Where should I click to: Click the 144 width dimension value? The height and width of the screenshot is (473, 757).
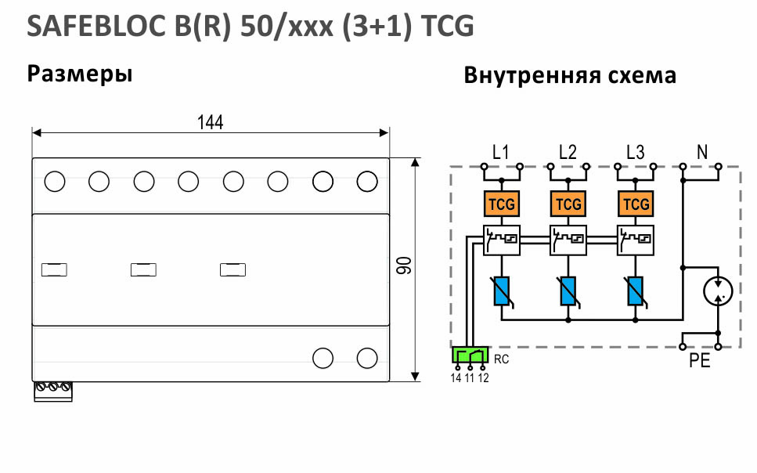pyautogui.click(x=210, y=122)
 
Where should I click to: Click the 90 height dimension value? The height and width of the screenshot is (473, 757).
pyautogui.click(x=404, y=266)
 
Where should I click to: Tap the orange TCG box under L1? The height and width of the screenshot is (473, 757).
pyautogui.click(x=502, y=204)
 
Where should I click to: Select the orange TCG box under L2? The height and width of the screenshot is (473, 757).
pyautogui.click(x=568, y=204)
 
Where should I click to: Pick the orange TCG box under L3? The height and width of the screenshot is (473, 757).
pyautogui.click(x=636, y=204)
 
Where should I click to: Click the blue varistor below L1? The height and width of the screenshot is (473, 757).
pyautogui.click(x=502, y=291)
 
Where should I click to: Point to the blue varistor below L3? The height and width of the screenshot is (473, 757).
pyautogui.click(x=636, y=291)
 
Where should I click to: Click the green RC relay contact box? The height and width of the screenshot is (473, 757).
pyautogui.click(x=470, y=355)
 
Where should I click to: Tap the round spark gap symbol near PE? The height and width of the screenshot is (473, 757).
pyautogui.click(x=718, y=291)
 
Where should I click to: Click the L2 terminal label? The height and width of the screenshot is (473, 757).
pyautogui.click(x=568, y=152)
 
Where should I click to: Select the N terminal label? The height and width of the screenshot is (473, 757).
pyautogui.click(x=702, y=152)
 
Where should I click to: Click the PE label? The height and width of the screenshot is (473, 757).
pyautogui.click(x=700, y=361)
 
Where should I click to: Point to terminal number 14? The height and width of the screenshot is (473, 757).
pyautogui.click(x=456, y=378)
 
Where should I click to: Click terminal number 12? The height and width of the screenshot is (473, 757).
pyautogui.click(x=483, y=378)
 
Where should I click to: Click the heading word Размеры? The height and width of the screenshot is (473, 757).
pyautogui.click(x=80, y=74)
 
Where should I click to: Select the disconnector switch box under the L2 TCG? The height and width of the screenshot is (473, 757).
pyautogui.click(x=568, y=240)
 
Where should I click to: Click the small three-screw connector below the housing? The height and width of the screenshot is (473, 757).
pyautogui.click(x=53, y=392)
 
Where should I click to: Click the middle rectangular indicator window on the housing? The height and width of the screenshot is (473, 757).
pyautogui.click(x=143, y=269)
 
